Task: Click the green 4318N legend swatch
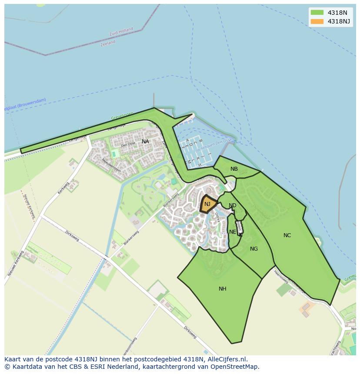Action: [317, 13]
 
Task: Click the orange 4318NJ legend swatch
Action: [317, 21]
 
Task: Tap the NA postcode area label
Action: [145, 142]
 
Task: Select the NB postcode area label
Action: [234, 169]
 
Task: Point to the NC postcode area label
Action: [287, 235]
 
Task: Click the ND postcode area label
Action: [233, 205]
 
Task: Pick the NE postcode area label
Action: [233, 232]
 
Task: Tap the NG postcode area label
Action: [254, 249]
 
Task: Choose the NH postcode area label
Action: [222, 289]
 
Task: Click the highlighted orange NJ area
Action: [208, 204]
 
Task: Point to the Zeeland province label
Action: [108, 43]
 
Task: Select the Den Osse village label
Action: [128, 145]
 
